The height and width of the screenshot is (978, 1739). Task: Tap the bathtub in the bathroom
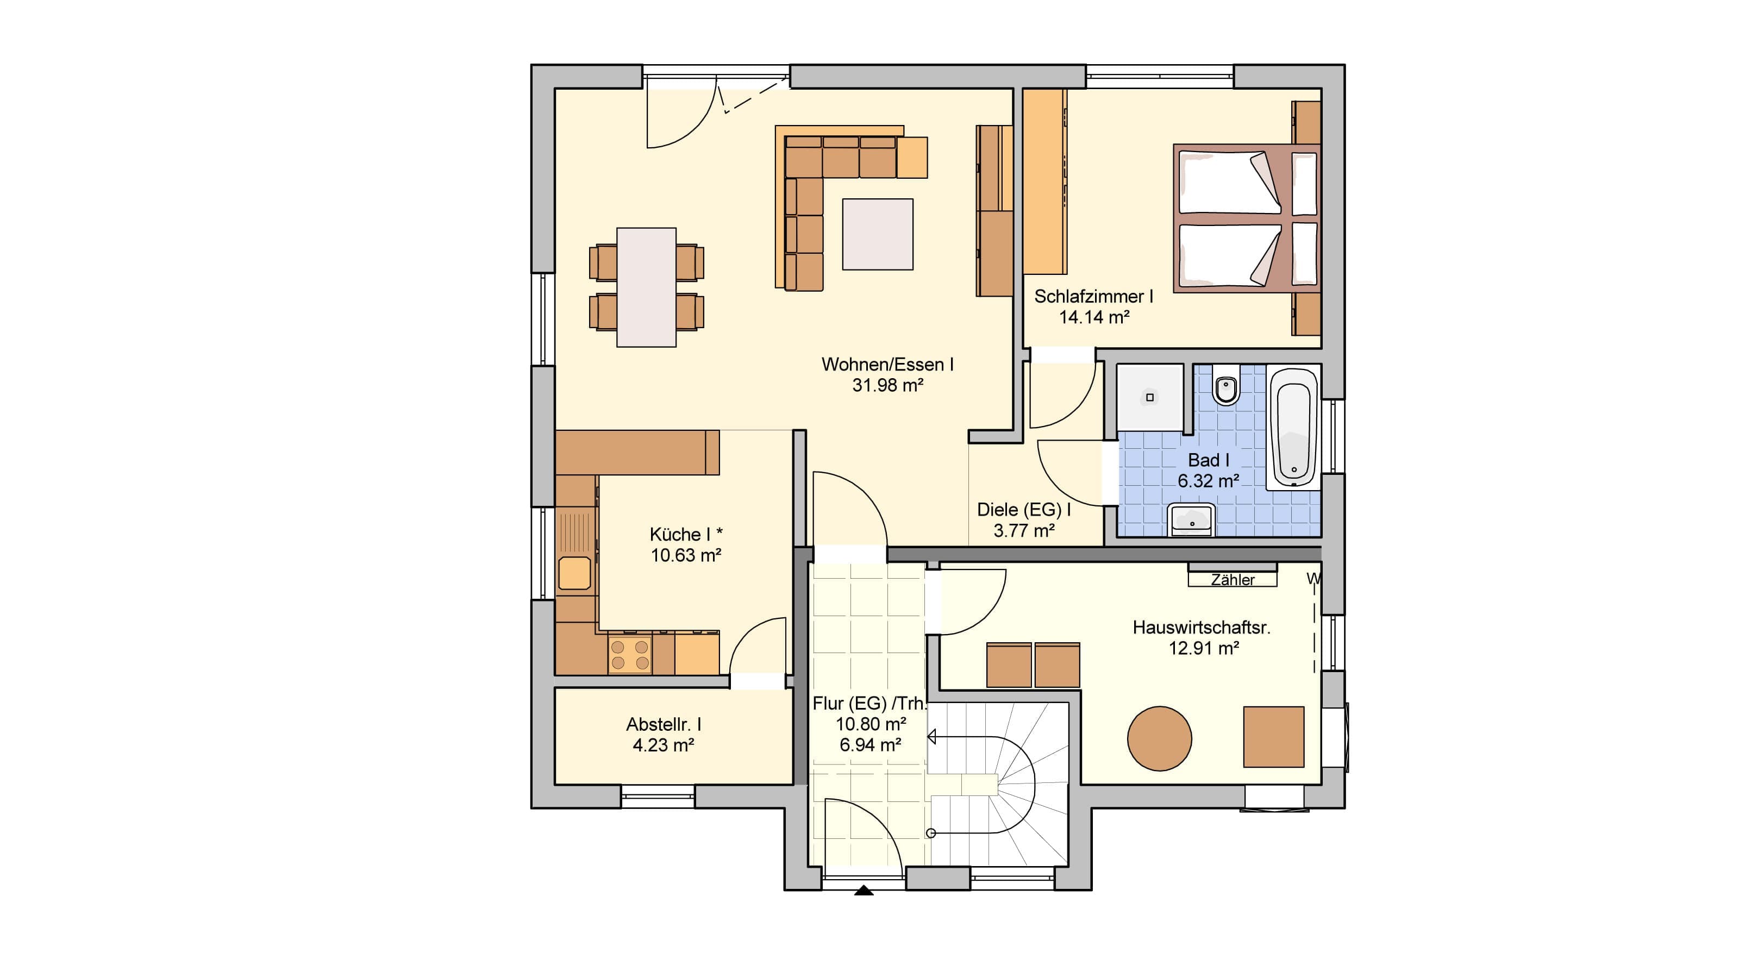1293,427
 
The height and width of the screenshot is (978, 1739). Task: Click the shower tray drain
1150,398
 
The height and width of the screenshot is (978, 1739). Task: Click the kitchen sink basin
574,574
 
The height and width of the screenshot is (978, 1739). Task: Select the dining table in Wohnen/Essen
646,287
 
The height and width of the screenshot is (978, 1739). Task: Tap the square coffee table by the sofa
878,234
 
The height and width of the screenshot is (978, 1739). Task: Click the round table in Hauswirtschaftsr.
1159,738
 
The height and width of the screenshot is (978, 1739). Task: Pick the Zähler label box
1233,579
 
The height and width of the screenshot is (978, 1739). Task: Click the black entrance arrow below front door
864,891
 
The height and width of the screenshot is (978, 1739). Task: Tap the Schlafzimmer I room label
1093,296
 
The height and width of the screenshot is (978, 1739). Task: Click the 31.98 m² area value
888,385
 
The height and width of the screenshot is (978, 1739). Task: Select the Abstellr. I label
664,724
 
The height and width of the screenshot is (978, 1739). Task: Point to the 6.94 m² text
870,744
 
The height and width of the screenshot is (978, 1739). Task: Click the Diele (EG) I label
1024,510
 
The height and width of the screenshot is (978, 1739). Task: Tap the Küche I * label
686,535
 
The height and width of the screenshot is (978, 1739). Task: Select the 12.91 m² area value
1204,648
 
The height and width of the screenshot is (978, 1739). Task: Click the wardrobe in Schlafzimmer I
1045,181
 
